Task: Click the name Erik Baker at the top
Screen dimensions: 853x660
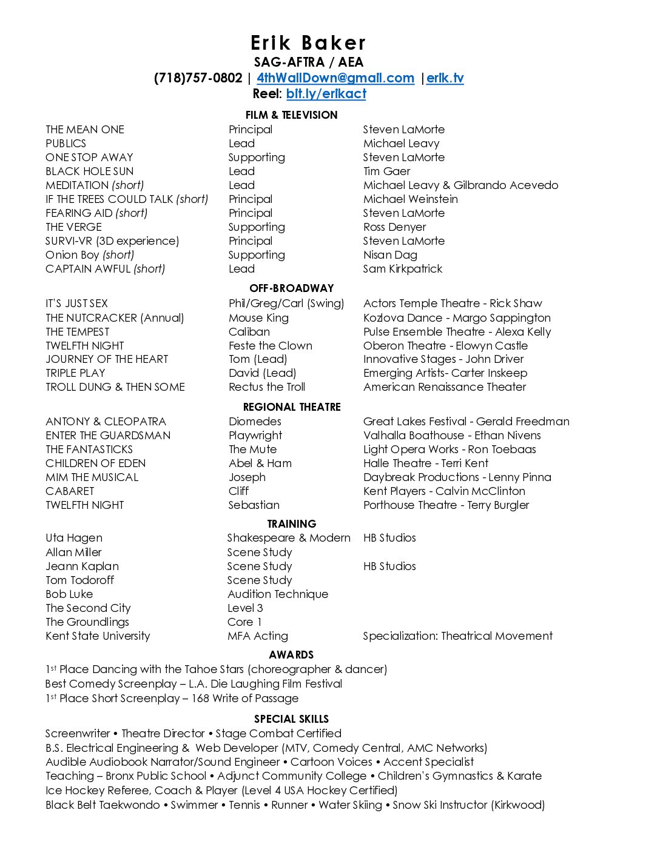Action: pyautogui.click(x=308, y=43)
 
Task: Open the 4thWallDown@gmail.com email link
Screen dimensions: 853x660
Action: pyautogui.click(x=335, y=78)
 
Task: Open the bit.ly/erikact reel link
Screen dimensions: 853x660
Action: pyautogui.click(x=326, y=94)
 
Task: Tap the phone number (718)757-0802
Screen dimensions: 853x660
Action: pyautogui.click(x=198, y=78)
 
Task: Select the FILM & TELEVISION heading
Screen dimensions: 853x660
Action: pyautogui.click(x=291, y=115)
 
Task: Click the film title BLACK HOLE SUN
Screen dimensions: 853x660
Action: pyautogui.click(x=89, y=171)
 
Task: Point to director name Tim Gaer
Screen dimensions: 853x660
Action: pyautogui.click(x=386, y=171)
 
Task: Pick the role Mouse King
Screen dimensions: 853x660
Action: pyautogui.click(x=258, y=318)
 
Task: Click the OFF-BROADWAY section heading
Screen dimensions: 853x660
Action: pyautogui.click(x=291, y=288)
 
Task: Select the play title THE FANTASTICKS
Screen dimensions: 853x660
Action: pyautogui.click(x=89, y=450)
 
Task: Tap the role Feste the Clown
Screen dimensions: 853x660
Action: pyautogui.click(x=270, y=346)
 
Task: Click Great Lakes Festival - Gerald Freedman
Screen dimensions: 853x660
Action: pyautogui.click(x=466, y=422)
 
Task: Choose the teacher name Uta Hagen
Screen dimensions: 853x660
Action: pyautogui.click(x=74, y=538)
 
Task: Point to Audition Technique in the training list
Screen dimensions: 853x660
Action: pyautogui.click(x=278, y=594)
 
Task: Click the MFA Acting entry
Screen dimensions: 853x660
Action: pyautogui.click(x=258, y=636)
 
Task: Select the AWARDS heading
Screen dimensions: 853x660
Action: pyautogui.click(x=291, y=655)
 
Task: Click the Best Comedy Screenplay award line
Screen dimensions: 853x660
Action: pyautogui.click(x=194, y=684)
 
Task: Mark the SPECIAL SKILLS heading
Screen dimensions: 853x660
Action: pyautogui.click(x=291, y=719)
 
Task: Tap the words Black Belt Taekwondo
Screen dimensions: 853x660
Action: pyautogui.click(x=103, y=805)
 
